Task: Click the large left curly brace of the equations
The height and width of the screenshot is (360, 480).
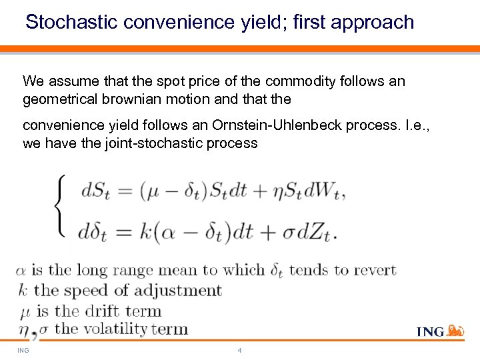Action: [x=58, y=203]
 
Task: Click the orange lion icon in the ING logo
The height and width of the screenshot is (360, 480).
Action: [x=455, y=330]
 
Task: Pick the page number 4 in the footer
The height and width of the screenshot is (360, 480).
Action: [x=239, y=349]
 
